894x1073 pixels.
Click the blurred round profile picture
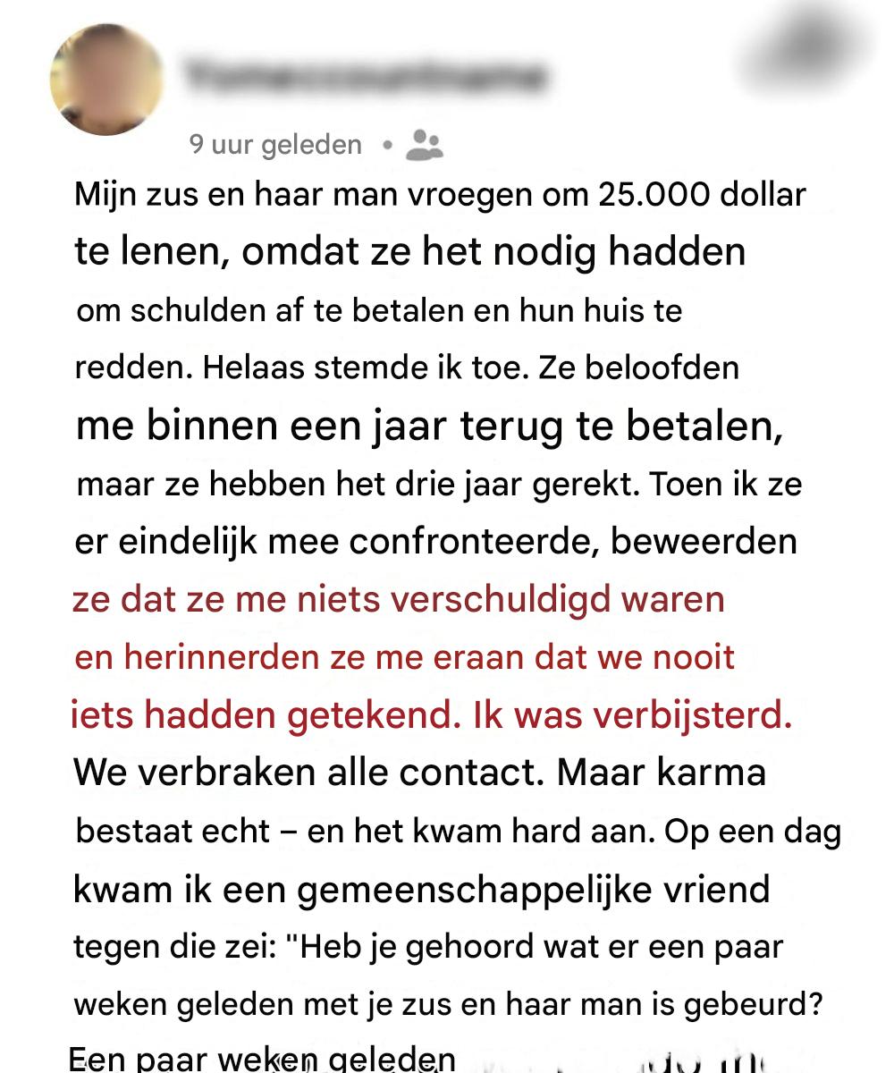[106, 80]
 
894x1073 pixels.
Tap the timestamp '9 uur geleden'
[275, 145]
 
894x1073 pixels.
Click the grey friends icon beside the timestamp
[424, 144]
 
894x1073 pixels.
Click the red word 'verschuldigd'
[518, 599]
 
